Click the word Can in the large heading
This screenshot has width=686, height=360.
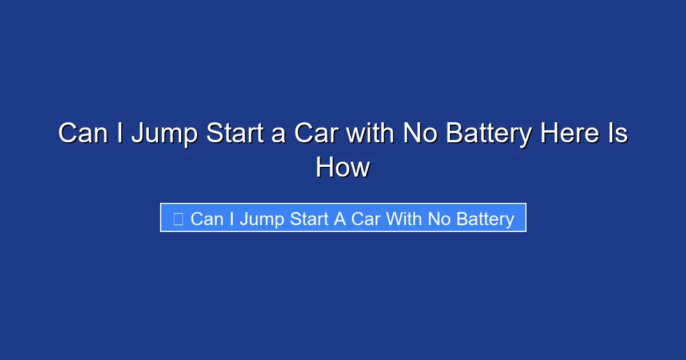tap(86, 134)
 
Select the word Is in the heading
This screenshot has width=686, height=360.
tap(619, 134)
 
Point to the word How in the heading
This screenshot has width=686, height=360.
tap(343, 168)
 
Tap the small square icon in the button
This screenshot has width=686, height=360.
tap(178, 219)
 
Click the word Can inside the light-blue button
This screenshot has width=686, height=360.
tap(207, 219)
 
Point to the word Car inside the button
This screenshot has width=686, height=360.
tap(365, 219)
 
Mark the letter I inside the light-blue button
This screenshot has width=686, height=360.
tap(231, 219)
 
